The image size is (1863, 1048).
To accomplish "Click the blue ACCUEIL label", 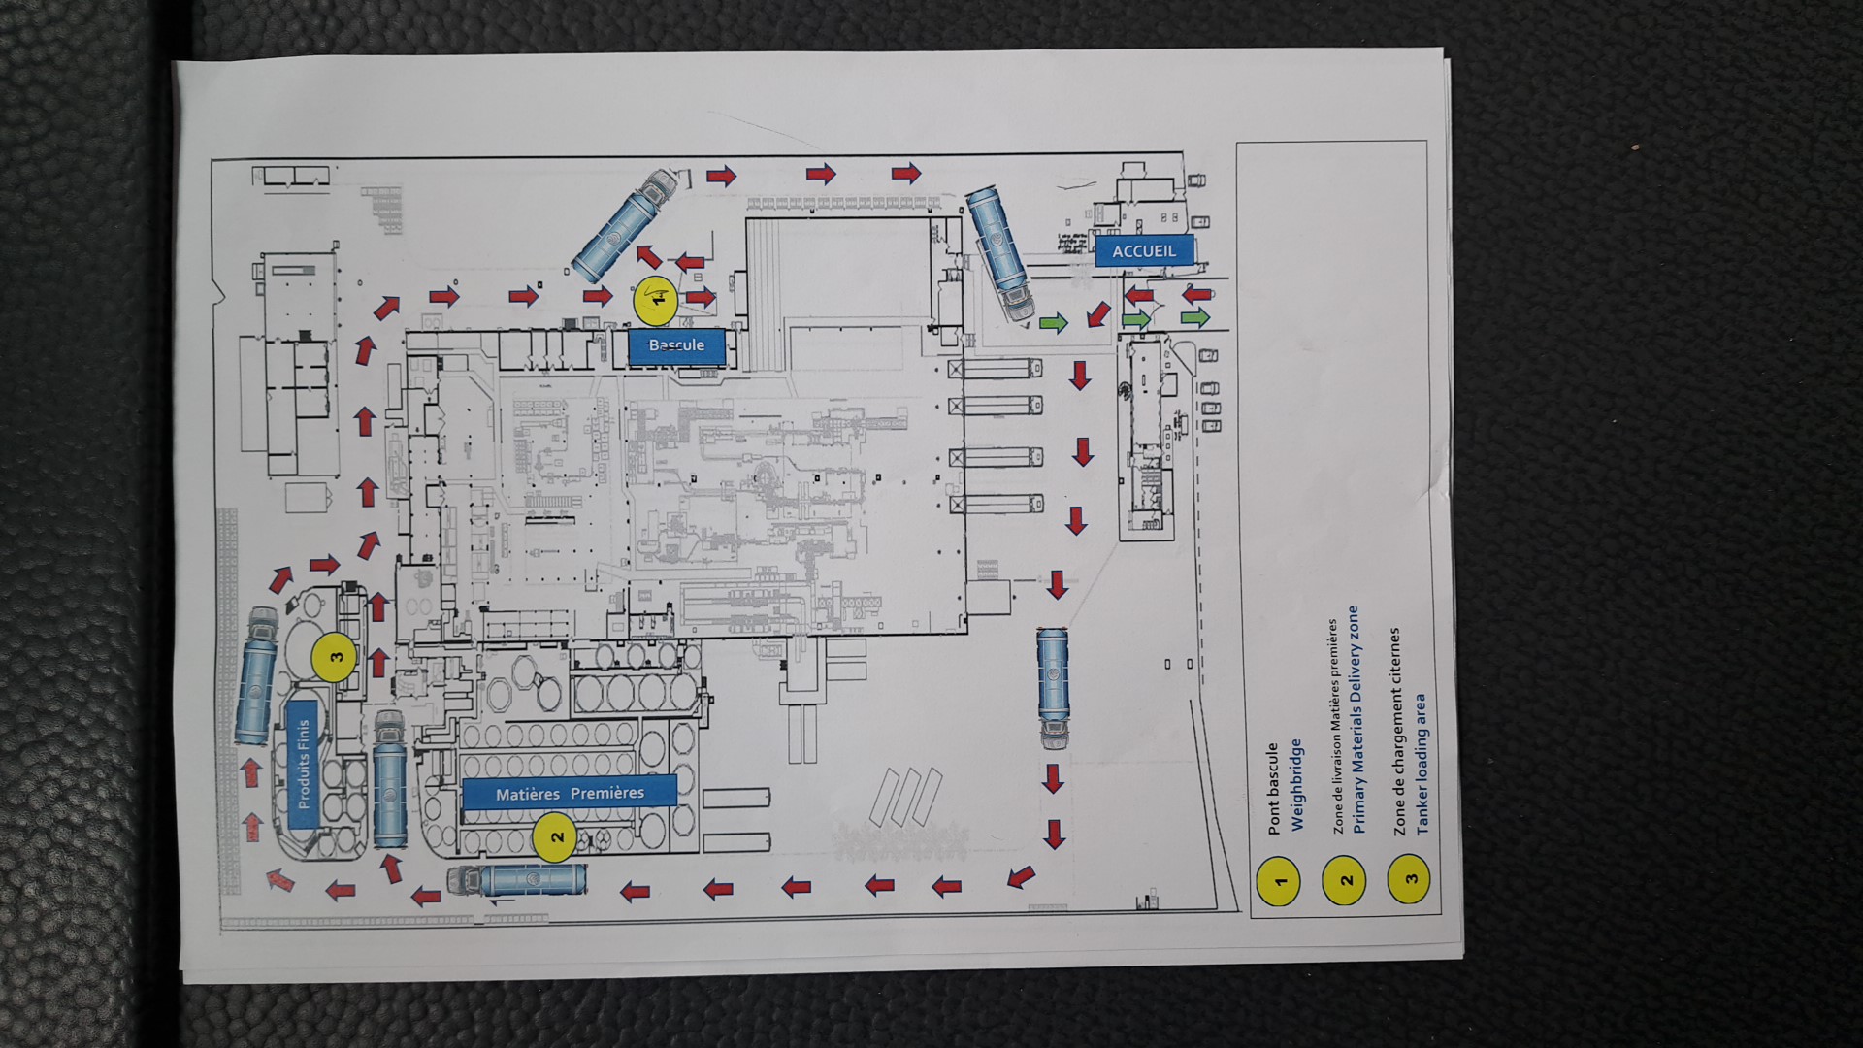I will [x=1144, y=251].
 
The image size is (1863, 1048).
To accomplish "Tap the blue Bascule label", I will [x=676, y=345].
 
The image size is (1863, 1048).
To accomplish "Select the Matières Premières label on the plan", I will [x=570, y=793].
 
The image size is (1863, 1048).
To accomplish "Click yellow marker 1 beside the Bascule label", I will [x=656, y=300].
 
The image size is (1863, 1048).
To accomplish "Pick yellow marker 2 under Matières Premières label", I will [x=556, y=836].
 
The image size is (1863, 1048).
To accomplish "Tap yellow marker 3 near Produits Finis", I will [x=336, y=656].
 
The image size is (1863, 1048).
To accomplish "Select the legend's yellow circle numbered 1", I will [x=1279, y=880].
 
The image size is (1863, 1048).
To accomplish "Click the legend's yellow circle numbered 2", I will [x=1345, y=880].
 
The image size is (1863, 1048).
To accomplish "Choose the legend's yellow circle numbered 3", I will [x=1410, y=878].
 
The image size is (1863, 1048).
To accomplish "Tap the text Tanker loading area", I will [x=1422, y=763].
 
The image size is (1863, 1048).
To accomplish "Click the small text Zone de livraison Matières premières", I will [x=1337, y=727].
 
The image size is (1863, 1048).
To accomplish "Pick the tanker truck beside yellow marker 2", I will [x=518, y=879].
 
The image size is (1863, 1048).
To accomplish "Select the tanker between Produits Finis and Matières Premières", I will [x=389, y=779].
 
